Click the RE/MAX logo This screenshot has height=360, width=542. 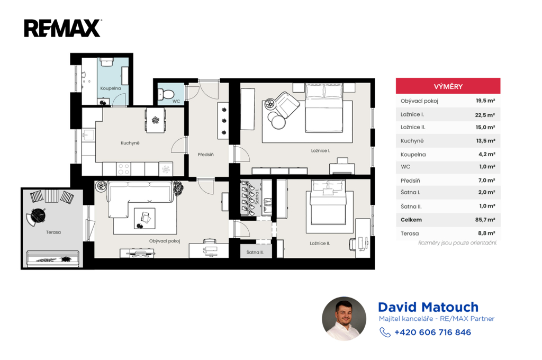(x=62, y=29)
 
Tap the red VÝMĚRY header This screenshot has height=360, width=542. (x=448, y=86)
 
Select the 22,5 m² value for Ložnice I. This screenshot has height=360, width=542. (x=485, y=115)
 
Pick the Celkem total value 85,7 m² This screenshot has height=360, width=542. (x=485, y=220)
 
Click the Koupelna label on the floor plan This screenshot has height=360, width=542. (x=111, y=88)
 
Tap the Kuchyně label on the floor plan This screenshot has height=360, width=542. (x=130, y=143)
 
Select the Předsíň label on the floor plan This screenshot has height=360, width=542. (x=206, y=155)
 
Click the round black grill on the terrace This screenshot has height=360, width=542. (x=38, y=215)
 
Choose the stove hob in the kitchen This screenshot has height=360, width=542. (x=123, y=169)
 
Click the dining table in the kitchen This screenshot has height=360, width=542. (x=156, y=120)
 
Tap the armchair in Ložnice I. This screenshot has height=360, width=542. (x=287, y=104)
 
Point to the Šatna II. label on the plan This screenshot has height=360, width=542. (x=255, y=252)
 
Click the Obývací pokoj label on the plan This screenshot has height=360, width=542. (x=165, y=241)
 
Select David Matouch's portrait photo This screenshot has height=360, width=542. (x=344, y=319)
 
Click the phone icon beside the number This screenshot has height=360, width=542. (x=385, y=332)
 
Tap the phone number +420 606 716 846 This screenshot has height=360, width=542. (x=432, y=332)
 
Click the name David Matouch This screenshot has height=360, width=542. (x=428, y=307)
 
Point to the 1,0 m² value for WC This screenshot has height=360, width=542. (x=487, y=167)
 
